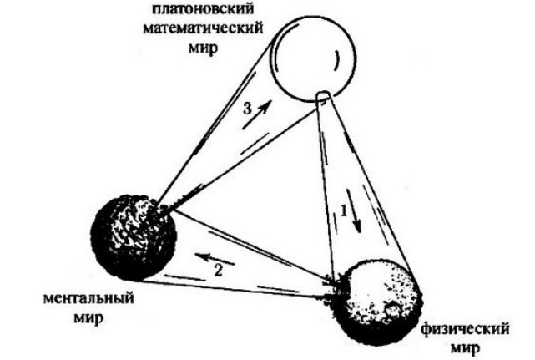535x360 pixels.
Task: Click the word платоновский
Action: pos(203,8)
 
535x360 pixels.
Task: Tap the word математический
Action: pos(203,28)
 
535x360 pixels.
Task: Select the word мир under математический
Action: pos(203,48)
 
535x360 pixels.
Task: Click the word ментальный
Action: pos(88,298)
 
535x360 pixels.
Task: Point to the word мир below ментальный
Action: pos(88,318)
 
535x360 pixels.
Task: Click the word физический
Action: pos(465,330)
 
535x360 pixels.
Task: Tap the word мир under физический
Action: pos(465,349)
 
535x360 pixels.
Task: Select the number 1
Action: pos(344,211)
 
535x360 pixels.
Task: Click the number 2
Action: pos(218,270)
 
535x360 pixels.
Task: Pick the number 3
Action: pos(247,109)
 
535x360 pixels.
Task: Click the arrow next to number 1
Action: pos(354,210)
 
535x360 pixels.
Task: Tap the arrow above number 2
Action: pos(215,259)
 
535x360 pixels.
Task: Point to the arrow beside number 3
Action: pos(258,114)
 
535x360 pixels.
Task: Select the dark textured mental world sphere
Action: pos(134,238)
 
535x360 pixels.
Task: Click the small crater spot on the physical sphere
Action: pos(392,309)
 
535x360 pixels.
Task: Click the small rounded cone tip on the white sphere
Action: pos(323,96)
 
